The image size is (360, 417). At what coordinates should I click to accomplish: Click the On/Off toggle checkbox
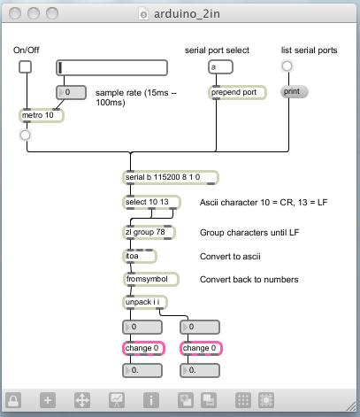coord(25,67)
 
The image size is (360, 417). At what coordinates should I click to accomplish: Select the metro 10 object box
coord(42,115)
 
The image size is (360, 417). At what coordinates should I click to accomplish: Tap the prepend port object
coord(237,92)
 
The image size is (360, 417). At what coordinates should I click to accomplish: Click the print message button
coord(294,92)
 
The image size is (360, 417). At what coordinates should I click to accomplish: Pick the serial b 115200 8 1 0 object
coord(171,178)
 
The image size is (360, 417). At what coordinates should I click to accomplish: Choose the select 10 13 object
coord(151,203)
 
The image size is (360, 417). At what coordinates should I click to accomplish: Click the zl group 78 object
coord(149,232)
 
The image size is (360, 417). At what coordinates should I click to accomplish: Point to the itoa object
coord(139,256)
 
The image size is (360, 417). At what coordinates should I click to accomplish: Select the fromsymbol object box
coord(150,279)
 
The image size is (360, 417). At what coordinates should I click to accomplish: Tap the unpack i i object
coord(145,303)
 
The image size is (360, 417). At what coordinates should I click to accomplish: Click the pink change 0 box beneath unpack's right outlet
coord(201,348)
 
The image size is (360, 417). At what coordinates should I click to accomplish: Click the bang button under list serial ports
coord(287,66)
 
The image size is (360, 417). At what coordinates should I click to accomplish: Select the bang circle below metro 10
coord(26,135)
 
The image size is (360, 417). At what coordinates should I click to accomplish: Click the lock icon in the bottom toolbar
coord(13,400)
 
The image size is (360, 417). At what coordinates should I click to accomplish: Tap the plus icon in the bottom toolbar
coord(48,400)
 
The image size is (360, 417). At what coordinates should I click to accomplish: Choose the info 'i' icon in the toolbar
coord(151,400)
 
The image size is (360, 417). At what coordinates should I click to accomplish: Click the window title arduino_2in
coord(187,14)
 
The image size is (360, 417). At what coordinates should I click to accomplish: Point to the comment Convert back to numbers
coord(249,280)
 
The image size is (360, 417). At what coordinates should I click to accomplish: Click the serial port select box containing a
coord(220,67)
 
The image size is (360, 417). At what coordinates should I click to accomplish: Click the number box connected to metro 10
coord(71,93)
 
